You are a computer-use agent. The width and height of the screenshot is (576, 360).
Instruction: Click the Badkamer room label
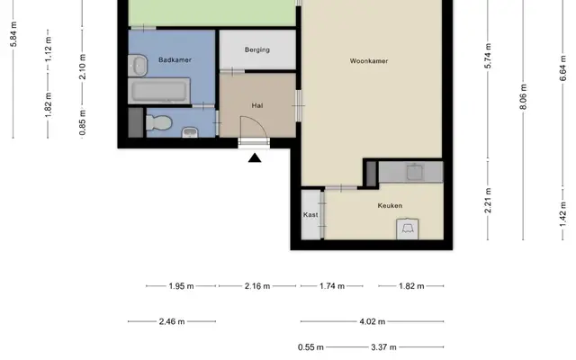point(175,60)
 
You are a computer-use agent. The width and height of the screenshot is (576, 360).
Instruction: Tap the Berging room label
point(257,49)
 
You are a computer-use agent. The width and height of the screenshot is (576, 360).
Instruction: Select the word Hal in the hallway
point(257,106)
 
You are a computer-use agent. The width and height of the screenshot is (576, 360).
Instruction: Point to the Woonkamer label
point(369,61)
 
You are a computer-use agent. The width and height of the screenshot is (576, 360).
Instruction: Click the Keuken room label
point(390,206)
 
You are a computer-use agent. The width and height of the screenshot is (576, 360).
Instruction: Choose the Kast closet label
point(310,215)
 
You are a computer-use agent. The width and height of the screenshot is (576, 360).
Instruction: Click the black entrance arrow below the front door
point(255,158)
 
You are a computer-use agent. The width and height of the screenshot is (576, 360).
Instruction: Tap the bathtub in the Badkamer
point(159,91)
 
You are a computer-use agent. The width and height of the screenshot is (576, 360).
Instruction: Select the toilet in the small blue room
point(158,122)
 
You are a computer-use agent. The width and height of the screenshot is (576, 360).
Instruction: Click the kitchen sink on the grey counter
point(415,172)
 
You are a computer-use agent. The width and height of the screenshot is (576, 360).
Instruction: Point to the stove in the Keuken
point(408,229)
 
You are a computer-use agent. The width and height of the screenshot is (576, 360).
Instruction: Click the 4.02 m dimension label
point(373,322)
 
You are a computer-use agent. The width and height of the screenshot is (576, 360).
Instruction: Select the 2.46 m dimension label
point(172,322)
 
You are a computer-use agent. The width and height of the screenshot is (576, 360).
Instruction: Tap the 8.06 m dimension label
point(524,97)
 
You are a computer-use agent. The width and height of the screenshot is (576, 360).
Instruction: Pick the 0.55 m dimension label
point(310,347)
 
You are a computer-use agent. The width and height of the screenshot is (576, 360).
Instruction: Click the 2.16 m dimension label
point(257,286)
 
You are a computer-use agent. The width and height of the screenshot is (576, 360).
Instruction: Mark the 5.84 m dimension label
point(13,34)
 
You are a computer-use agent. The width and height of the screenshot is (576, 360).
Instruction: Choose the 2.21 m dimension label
point(488,201)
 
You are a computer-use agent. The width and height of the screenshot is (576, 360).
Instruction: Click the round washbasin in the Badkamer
point(138,66)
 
